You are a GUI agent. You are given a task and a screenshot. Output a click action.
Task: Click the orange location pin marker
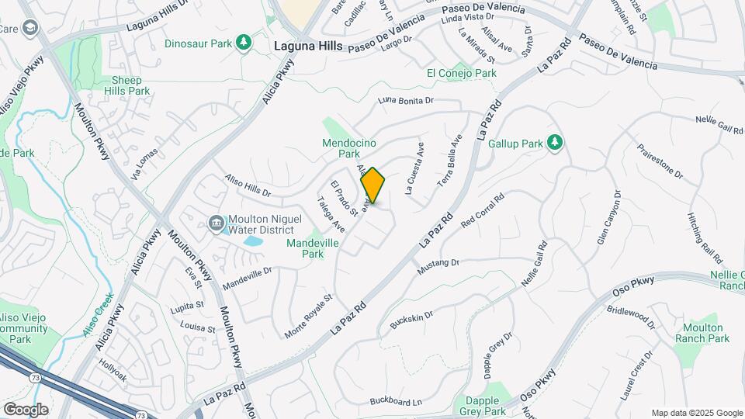click(373, 185)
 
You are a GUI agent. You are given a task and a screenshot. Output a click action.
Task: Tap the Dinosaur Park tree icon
click(245, 42)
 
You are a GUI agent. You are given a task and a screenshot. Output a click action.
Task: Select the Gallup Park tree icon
click(554, 143)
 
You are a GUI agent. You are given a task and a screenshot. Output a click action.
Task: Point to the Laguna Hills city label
click(308, 47)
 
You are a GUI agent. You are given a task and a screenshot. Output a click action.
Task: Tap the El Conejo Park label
click(462, 73)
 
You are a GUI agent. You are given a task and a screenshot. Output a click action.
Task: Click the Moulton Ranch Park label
click(700, 333)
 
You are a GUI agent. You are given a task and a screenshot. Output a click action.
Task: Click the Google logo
click(26, 409)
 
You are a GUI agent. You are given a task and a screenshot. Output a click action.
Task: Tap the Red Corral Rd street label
click(483, 210)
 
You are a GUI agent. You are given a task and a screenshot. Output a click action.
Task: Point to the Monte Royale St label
click(308, 315)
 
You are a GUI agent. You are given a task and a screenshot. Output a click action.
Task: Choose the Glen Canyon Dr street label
click(610, 218)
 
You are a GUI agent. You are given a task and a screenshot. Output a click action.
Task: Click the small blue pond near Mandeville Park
click(252, 241)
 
